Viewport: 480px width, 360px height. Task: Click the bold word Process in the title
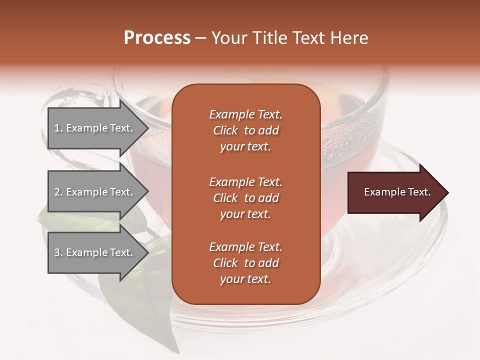tap(157, 38)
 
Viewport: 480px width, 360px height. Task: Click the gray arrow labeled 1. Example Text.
tap(95, 128)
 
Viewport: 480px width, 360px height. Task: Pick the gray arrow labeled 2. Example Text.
tap(95, 192)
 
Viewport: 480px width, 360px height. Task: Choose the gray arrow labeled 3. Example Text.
tap(95, 252)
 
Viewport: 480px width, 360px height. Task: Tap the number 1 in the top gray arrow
tap(57, 128)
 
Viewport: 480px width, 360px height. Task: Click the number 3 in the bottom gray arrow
tap(57, 252)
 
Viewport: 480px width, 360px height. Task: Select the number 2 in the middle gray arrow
tap(57, 192)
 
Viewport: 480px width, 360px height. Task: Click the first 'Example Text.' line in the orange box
tap(245, 114)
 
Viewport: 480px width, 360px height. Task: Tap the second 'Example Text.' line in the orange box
tap(245, 182)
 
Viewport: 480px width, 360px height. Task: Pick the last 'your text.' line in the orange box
tap(245, 279)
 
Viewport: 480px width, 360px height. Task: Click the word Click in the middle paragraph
tap(225, 198)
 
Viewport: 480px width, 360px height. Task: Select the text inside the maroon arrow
tap(397, 192)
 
